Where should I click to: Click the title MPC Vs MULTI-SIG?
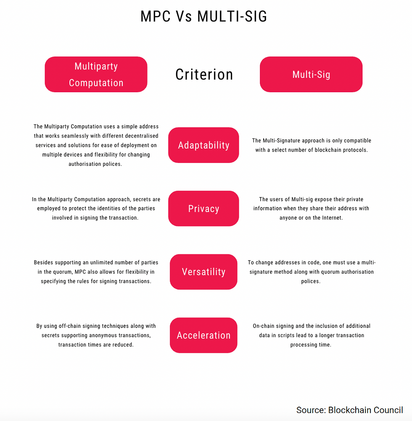click(204, 16)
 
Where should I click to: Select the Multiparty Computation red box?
click(96, 75)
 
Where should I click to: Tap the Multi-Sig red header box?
click(311, 75)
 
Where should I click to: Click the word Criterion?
click(204, 75)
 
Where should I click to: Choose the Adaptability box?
click(203, 145)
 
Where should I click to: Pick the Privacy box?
click(203, 209)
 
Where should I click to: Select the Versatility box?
click(203, 272)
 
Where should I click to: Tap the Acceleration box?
click(203, 336)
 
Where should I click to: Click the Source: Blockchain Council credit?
click(349, 410)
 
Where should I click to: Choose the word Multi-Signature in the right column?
click(288, 140)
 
